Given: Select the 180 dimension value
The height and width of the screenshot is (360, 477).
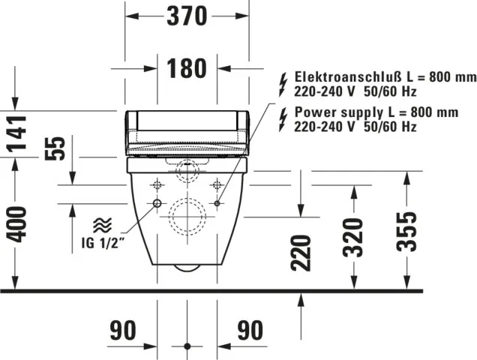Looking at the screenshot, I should [186, 68].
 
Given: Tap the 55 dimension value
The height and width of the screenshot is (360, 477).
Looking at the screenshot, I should [55, 148].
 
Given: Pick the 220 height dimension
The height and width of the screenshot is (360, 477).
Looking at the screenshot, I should [300, 252].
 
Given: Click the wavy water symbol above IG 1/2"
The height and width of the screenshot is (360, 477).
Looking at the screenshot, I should [101, 224].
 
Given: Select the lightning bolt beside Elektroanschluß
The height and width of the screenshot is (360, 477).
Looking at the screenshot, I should [283, 82].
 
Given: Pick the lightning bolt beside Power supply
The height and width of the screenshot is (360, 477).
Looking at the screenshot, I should [283, 117].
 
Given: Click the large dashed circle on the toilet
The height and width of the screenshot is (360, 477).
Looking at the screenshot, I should [187, 217].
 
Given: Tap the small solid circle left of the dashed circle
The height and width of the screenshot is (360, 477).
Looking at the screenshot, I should [157, 204].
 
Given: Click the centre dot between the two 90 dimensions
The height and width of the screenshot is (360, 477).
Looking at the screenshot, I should [187, 346].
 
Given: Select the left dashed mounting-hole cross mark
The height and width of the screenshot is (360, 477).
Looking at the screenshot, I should [157, 184].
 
